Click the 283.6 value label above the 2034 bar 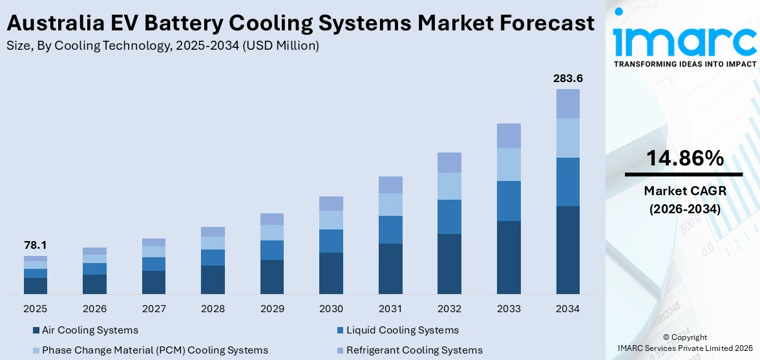coord(567,78)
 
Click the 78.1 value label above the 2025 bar coord(36,245)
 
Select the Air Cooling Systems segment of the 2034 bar coord(567,250)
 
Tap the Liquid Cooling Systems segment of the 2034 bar coord(567,182)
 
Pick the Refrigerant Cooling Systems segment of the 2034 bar coord(567,103)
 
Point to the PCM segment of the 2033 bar coord(509,164)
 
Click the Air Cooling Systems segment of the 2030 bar coord(331,273)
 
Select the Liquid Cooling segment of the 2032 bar coord(449,217)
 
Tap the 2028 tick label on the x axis coord(213,309)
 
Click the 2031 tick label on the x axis coord(390,309)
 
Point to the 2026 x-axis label coord(94,309)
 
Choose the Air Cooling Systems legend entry coord(90,330)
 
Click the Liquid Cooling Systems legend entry coord(402,330)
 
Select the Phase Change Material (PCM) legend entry coord(154,350)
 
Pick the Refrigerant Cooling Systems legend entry coord(414,350)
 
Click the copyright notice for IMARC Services coord(684,342)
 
